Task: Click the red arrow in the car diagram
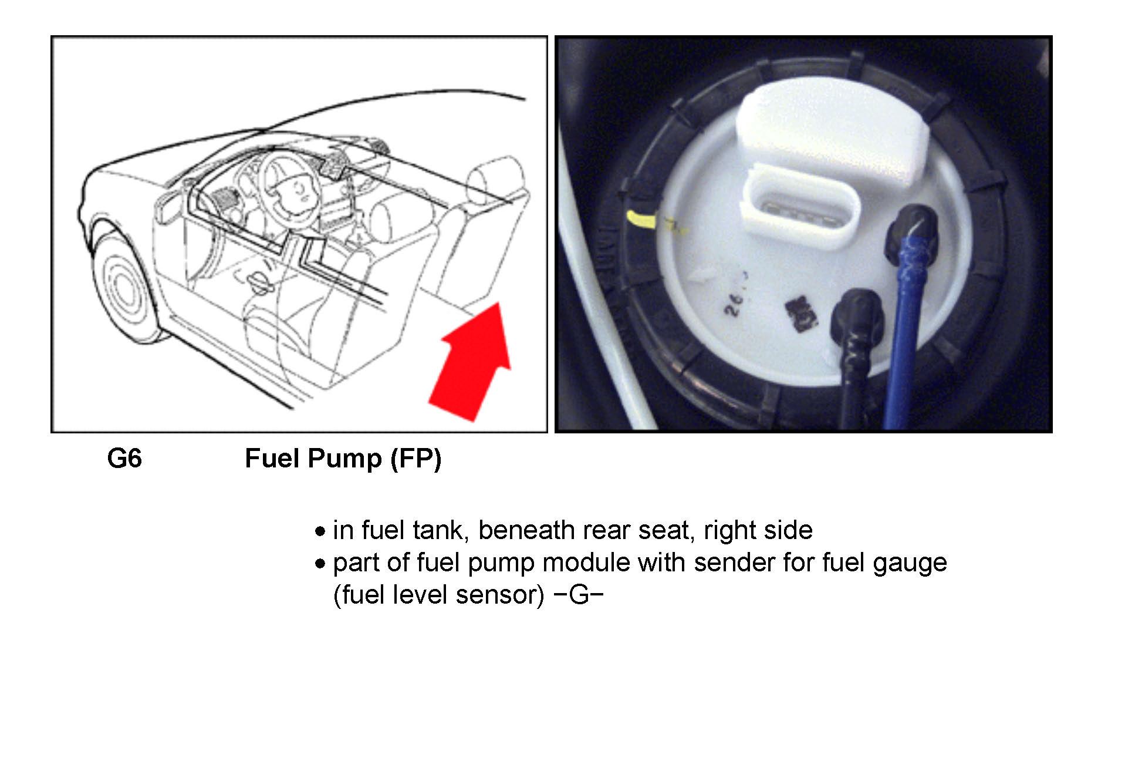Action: tap(472, 364)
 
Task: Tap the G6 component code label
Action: tap(124, 459)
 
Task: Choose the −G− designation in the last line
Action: tap(579, 595)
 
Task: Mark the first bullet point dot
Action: tap(320, 532)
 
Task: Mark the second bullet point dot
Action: tap(320, 564)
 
